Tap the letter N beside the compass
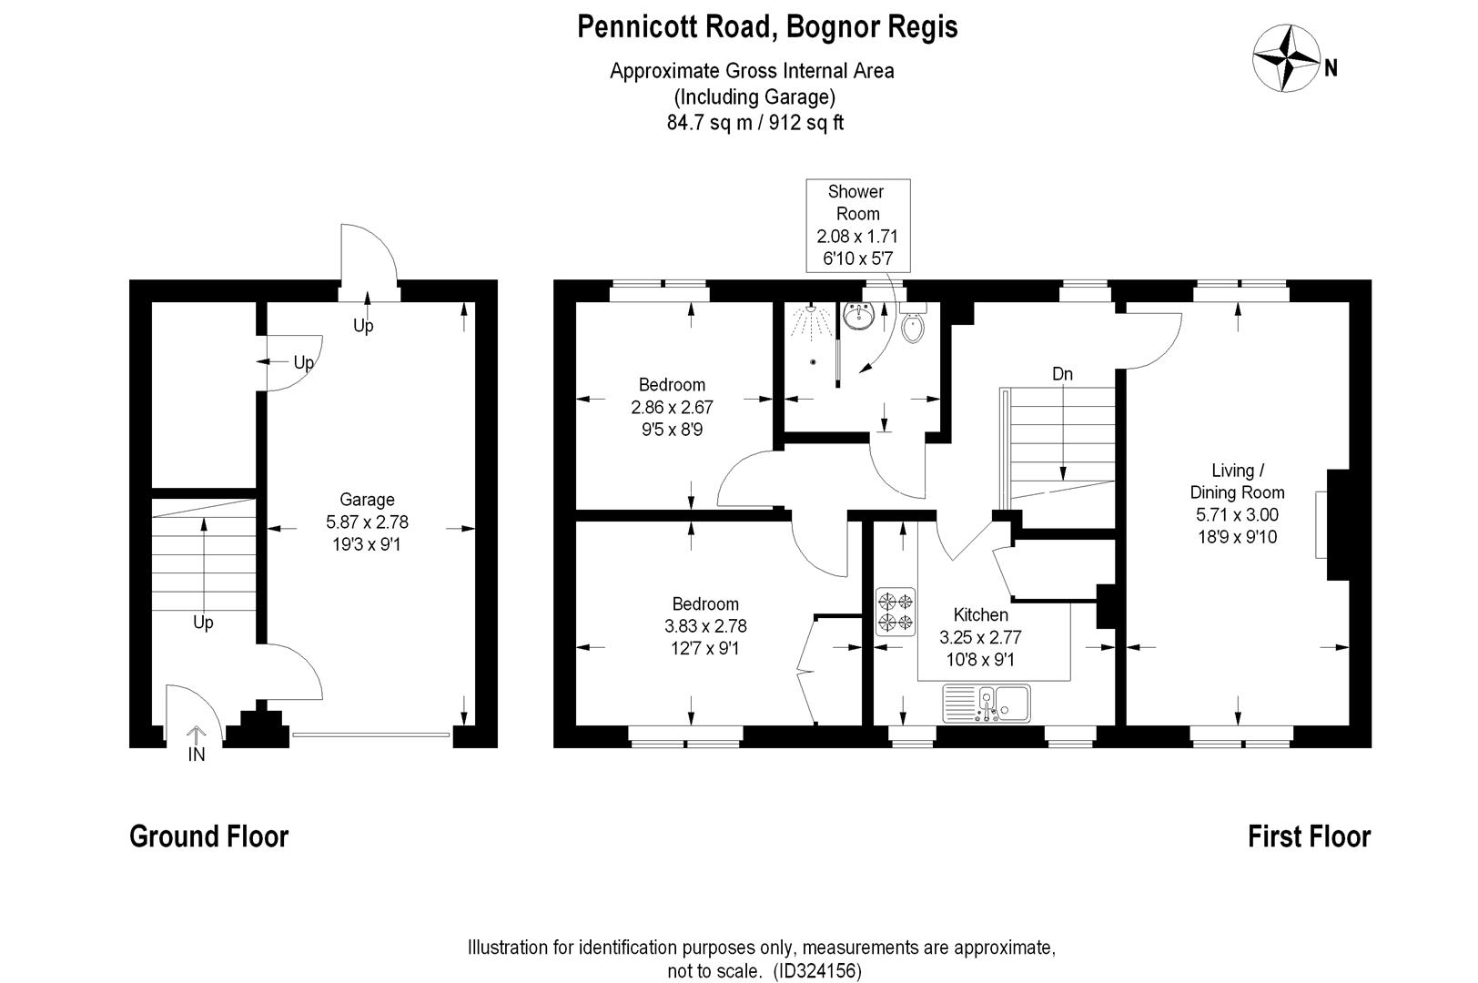click(1331, 68)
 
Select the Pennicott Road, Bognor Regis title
click(767, 27)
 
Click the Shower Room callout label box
click(857, 226)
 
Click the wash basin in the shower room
click(859, 316)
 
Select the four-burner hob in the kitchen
click(896, 612)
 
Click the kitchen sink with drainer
click(987, 704)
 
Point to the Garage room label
click(367, 500)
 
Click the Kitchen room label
click(980, 615)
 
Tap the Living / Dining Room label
click(1237, 481)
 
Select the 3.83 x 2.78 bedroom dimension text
click(705, 625)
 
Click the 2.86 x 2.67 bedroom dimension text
click(672, 407)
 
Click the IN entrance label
click(196, 755)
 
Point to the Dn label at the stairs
click(1062, 374)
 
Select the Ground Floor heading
click(208, 836)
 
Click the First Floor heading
click(1309, 836)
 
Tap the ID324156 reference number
click(817, 971)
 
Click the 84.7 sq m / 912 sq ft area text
click(754, 123)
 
